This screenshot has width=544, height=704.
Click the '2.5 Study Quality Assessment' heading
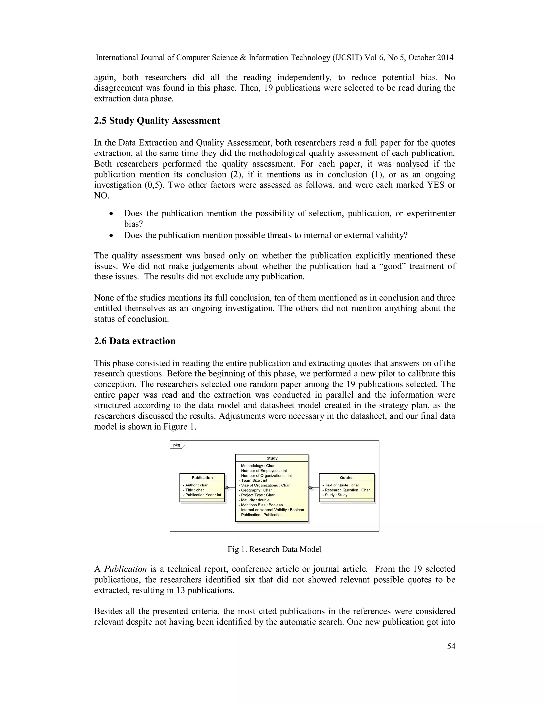click(157, 121)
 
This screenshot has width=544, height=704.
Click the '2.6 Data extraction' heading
click(135, 341)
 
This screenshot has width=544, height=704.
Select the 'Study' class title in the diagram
click(272, 458)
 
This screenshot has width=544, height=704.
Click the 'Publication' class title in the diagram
click(202, 478)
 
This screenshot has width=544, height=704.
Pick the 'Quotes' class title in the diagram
click(346, 478)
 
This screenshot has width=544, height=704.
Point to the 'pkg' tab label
click(177, 445)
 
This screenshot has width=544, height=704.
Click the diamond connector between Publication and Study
click(227, 488)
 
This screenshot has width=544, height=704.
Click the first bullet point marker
click(111, 214)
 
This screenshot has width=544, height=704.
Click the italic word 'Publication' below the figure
click(125, 569)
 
